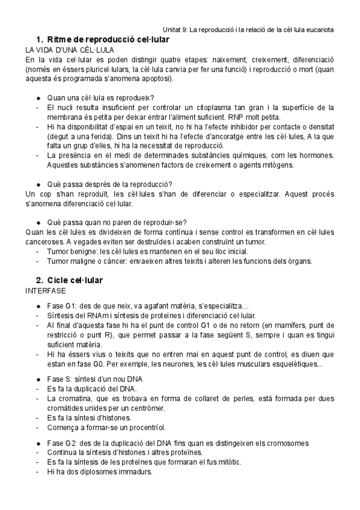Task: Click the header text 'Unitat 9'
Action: click(176, 28)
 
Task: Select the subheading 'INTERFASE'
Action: click(46, 290)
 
